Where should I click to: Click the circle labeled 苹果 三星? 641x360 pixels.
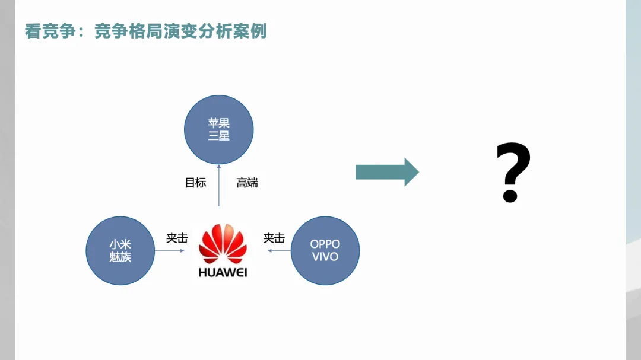[x=218, y=129]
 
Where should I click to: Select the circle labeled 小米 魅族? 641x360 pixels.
[x=120, y=250]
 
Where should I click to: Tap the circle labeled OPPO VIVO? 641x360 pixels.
[x=325, y=250]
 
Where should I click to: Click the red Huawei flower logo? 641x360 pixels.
[x=223, y=244]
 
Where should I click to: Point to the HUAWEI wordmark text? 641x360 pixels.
[x=223, y=273]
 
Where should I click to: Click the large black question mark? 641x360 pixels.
[x=513, y=173]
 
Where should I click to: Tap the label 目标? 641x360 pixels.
[x=195, y=183]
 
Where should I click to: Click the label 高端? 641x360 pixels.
[x=247, y=183]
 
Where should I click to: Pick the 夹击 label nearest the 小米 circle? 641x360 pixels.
[x=177, y=238]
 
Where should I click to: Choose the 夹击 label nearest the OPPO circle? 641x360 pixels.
[x=274, y=238]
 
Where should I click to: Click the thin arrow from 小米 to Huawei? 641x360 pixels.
[x=170, y=251]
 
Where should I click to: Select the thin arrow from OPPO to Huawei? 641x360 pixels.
[x=278, y=251]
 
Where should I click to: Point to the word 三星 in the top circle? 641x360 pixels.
[x=218, y=136]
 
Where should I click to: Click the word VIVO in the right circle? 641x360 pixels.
[x=325, y=257]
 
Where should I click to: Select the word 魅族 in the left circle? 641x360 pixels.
[x=120, y=257]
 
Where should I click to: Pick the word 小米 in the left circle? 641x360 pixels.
[x=120, y=244]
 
